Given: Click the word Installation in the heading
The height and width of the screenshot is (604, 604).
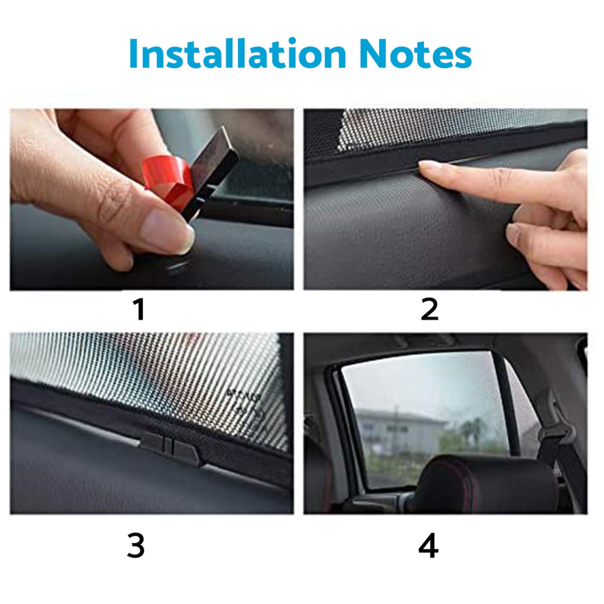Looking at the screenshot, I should [237, 54].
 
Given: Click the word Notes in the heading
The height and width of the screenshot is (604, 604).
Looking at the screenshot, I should [415, 55].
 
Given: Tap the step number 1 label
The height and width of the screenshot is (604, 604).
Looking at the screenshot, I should [139, 310].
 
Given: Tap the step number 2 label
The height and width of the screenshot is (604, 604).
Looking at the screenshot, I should [429, 310].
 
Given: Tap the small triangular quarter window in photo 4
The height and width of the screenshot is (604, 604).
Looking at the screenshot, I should [520, 403].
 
